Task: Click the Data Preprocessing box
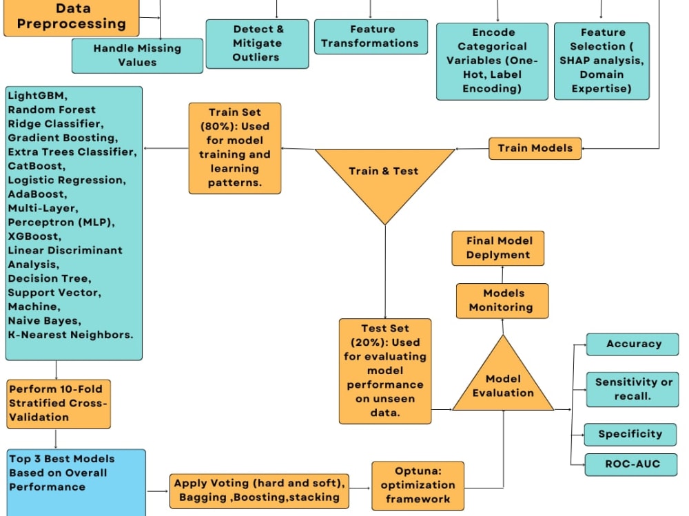[x=71, y=18]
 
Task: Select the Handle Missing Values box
[x=137, y=55]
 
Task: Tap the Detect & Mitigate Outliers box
[x=257, y=43]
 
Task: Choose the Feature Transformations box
[x=371, y=37]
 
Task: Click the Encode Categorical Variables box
[x=492, y=61]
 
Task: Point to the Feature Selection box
[x=601, y=61]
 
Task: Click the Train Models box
[x=535, y=148]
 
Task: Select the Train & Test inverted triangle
[x=385, y=176]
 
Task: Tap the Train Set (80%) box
[x=235, y=148]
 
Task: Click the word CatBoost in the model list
[x=35, y=166]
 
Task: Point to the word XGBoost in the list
[x=33, y=236]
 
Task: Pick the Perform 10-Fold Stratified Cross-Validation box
[x=59, y=404]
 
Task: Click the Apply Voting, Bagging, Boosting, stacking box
[x=259, y=491]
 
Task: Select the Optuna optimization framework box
[x=418, y=486]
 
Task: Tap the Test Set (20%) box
[x=385, y=371]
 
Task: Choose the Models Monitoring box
[x=502, y=300]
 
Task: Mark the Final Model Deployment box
[x=498, y=248]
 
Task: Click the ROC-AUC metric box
[x=631, y=464]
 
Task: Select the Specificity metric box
[x=630, y=435]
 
